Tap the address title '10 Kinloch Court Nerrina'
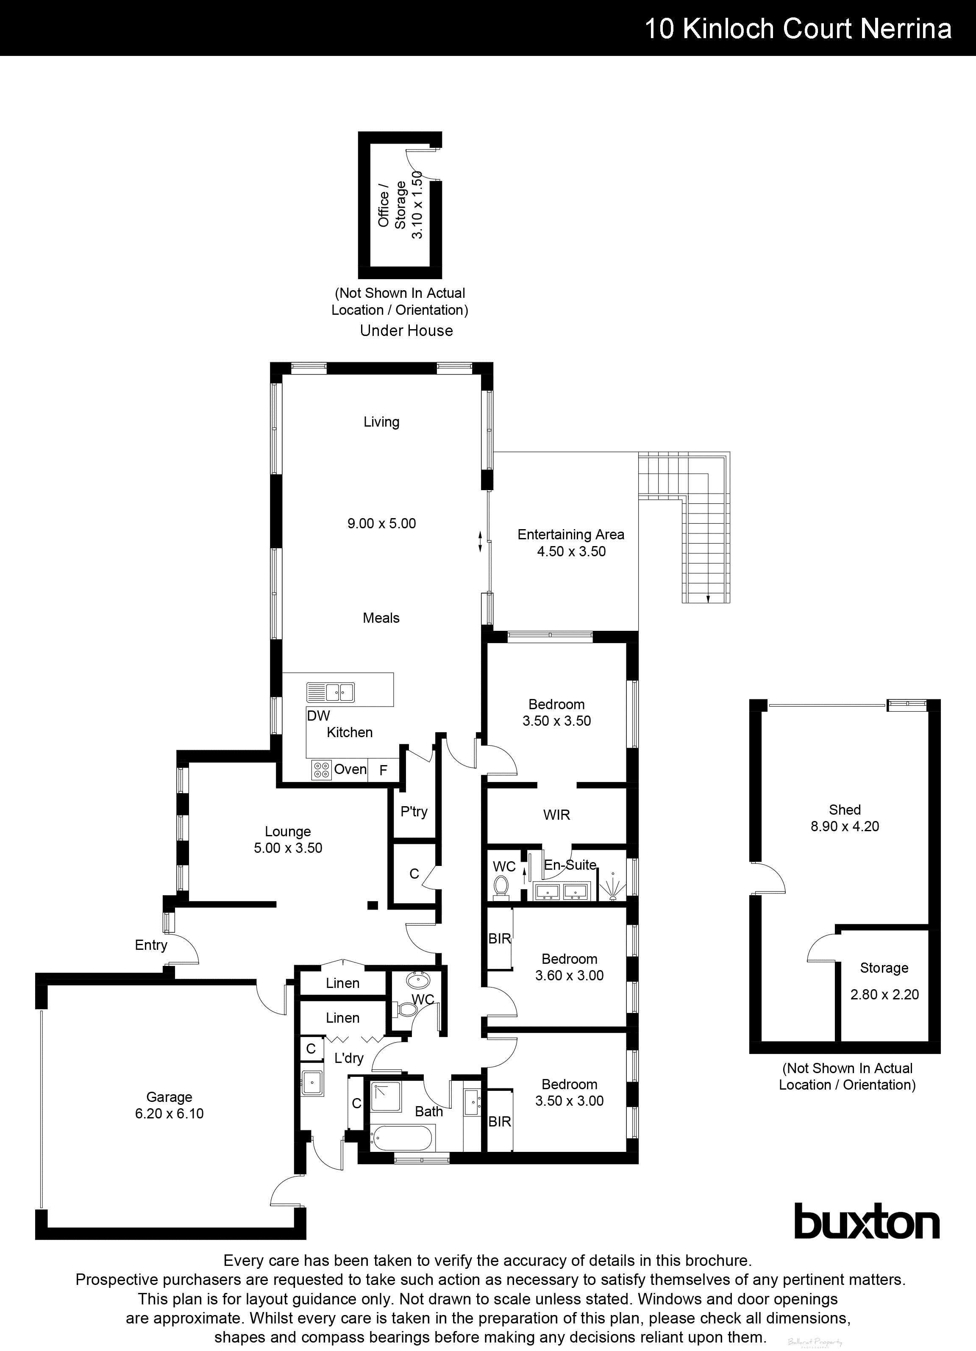pos(798,28)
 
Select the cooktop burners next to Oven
pos(321,770)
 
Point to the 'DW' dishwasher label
pos(318,716)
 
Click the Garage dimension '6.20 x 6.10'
pos(169,1113)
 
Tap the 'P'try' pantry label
pos(414,811)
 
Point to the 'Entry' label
pos(151,945)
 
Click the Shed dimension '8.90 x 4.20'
pos(845,826)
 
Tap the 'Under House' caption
pos(406,330)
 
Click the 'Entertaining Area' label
pos(571,534)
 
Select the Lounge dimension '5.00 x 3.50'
pos(288,848)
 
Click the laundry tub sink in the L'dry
pos(311,1082)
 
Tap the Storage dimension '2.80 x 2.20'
pos(884,994)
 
